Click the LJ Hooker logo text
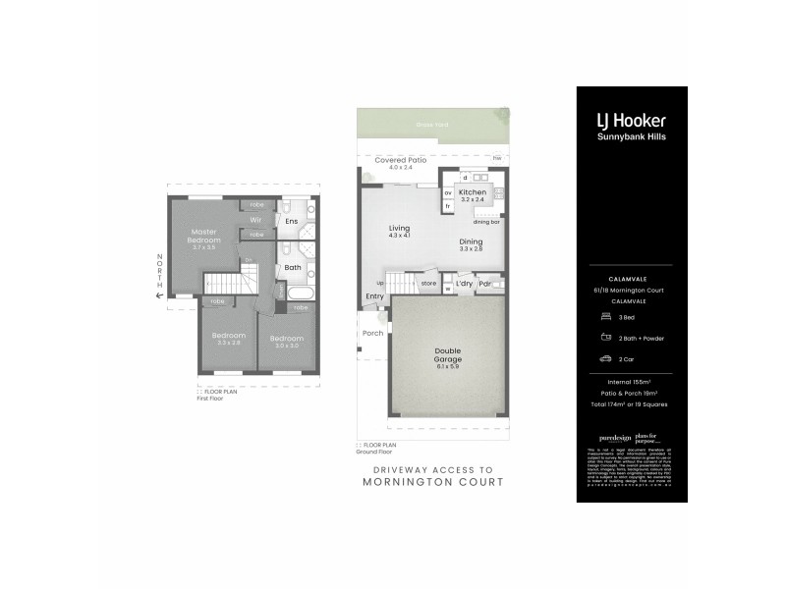tap(632, 121)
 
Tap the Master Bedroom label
tap(205, 237)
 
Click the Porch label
tap(373, 333)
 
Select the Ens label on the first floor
tap(291, 222)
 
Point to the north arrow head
tap(160, 292)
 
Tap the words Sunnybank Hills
tap(632, 137)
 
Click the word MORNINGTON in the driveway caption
tap(408, 482)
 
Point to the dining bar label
tap(486, 222)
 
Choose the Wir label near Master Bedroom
tap(254, 220)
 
